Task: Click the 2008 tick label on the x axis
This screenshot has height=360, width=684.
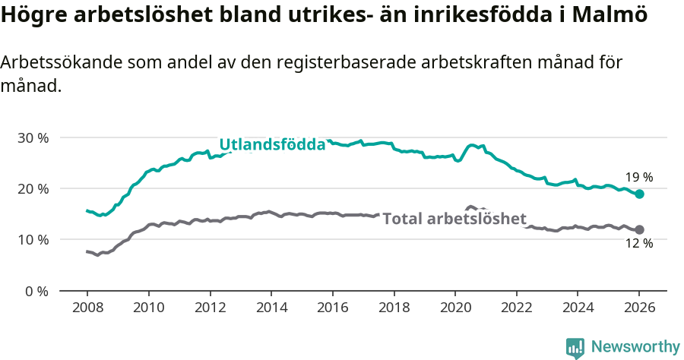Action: [x=87, y=309]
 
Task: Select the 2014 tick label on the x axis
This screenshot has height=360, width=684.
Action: [x=271, y=309]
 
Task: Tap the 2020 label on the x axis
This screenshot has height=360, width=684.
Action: [x=455, y=309]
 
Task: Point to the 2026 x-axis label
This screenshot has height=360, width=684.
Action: [x=639, y=309]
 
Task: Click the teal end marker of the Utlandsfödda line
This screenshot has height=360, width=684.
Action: [x=639, y=194]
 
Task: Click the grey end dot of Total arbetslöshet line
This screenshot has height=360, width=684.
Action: [x=639, y=229]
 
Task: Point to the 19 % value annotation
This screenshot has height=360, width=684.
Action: [x=639, y=178]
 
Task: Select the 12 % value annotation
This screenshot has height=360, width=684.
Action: [x=639, y=244]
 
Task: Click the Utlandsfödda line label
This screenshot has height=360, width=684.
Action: [x=272, y=144]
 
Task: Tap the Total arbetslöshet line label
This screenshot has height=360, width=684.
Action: [x=454, y=219]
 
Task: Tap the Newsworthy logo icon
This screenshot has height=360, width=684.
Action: [x=575, y=347]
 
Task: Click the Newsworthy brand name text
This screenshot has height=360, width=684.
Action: [x=635, y=347]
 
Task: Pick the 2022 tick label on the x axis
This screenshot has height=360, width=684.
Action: [x=517, y=309]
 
